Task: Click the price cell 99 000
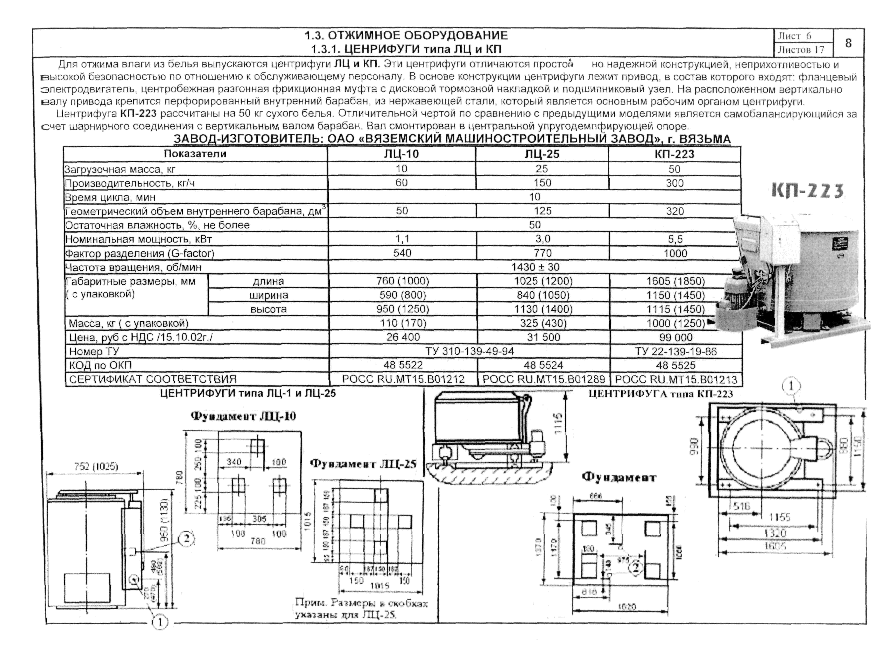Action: click(676, 337)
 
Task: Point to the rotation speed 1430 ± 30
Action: click(535, 267)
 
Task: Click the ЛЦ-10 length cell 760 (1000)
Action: click(403, 281)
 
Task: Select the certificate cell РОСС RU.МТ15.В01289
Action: click(543, 379)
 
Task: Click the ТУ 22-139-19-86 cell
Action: click(676, 351)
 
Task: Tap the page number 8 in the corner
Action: click(848, 43)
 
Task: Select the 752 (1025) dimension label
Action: click(96, 466)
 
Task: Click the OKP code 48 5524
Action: click(543, 365)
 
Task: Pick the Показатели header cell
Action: click(195, 154)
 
